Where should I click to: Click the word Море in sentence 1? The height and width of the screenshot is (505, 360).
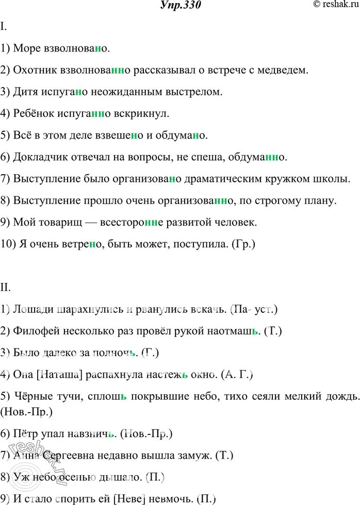point(27,49)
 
